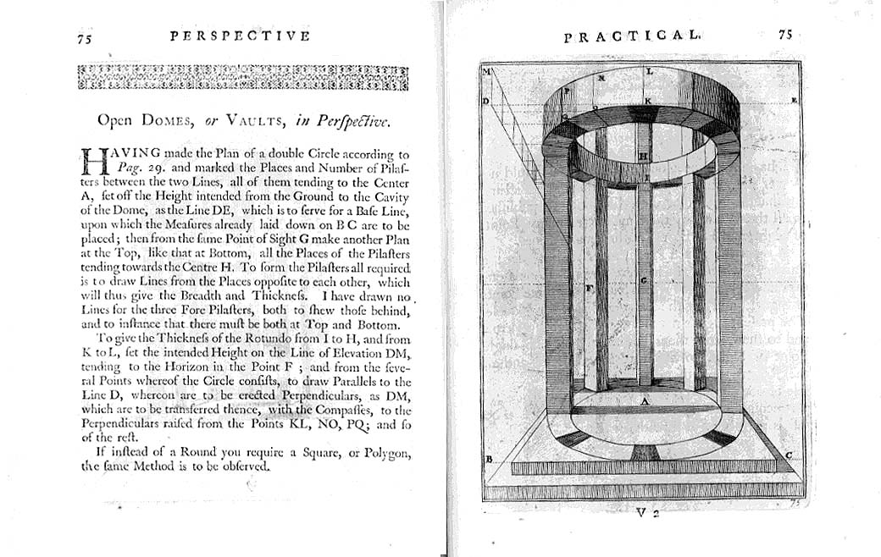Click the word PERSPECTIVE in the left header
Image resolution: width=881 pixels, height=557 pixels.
(240, 36)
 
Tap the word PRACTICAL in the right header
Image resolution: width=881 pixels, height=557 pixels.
(632, 36)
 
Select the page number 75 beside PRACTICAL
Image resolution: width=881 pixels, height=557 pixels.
(785, 36)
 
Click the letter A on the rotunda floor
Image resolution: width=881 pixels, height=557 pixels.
(644, 403)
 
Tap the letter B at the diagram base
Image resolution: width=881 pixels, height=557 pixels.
(489, 459)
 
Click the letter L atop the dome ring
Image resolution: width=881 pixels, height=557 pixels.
(649, 73)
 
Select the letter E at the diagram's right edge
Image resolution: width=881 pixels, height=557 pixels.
(793, 100)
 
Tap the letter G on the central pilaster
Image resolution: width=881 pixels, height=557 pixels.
(644, 280)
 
